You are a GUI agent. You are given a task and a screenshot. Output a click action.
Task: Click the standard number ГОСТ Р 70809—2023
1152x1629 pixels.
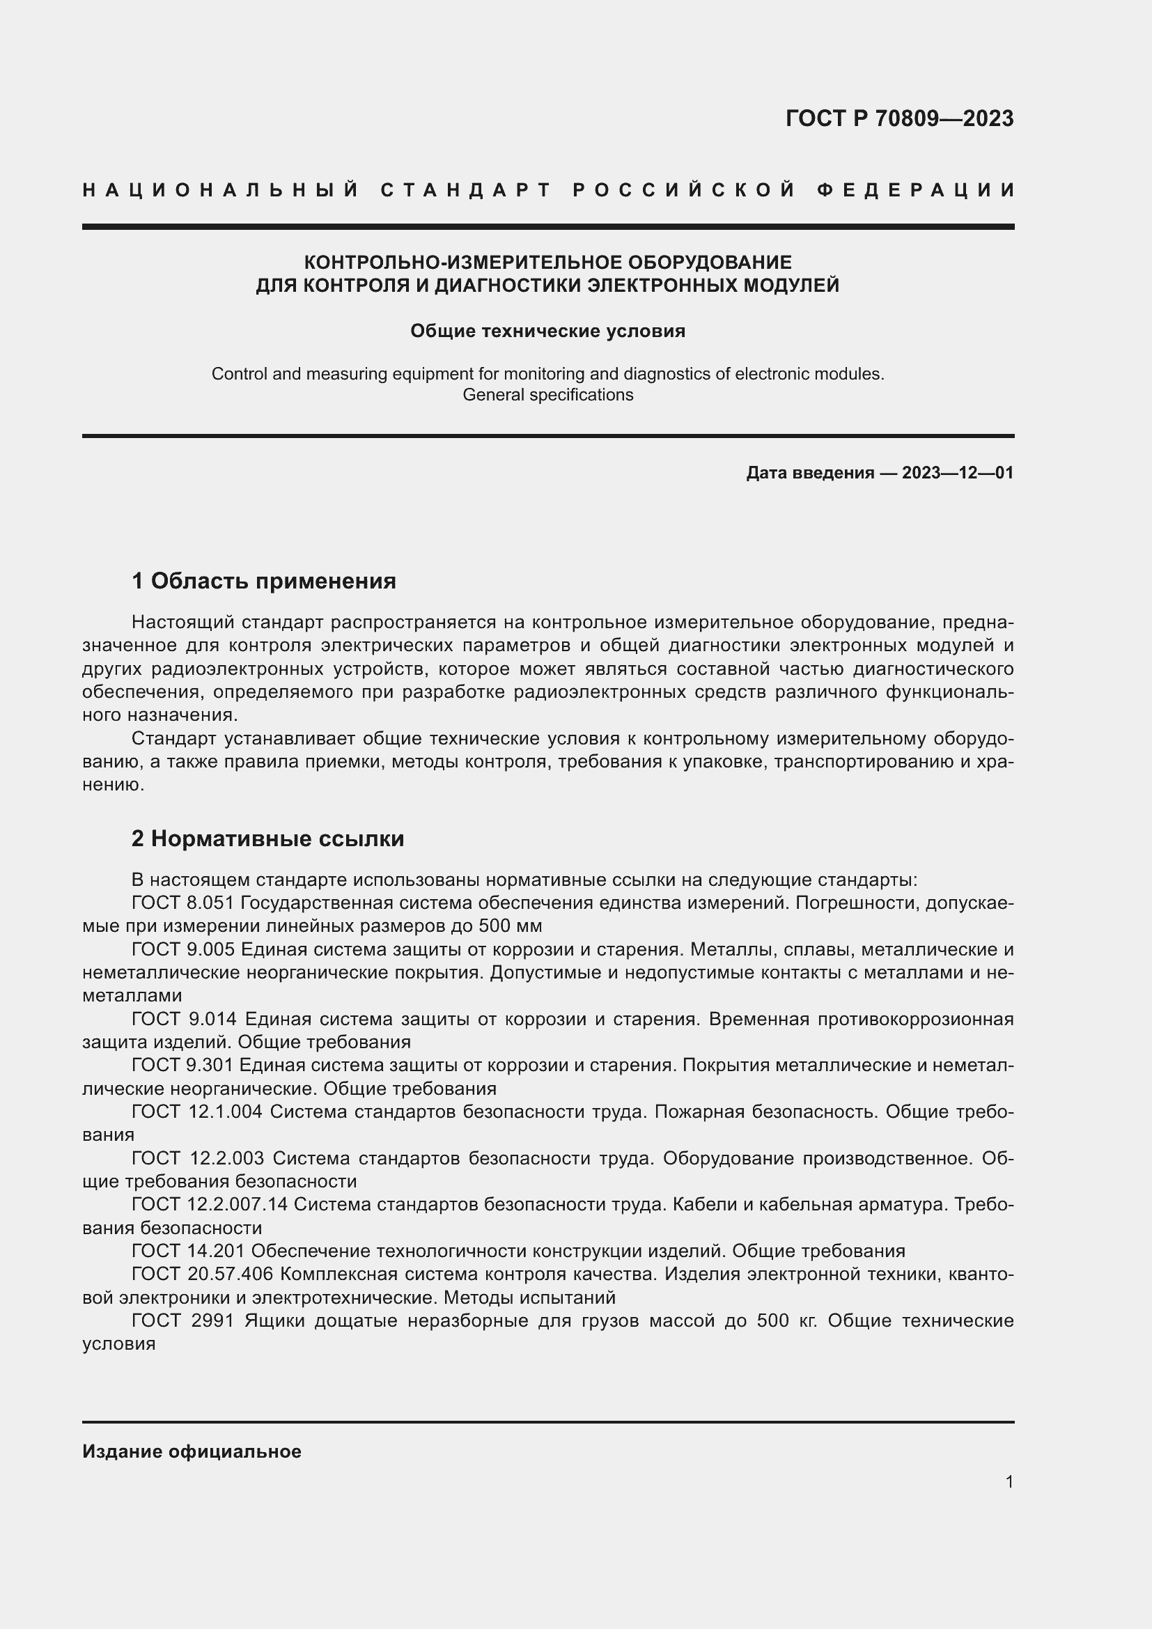tap(898, 118)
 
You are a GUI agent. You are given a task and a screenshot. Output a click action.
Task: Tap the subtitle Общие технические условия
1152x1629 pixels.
tap(547, 332)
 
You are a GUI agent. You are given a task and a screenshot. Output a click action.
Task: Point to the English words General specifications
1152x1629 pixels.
tap(547, 395)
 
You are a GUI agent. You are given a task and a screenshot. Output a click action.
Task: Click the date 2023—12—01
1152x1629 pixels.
tap(957, 473)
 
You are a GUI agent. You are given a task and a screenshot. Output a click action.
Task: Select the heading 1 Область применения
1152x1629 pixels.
tap(263, 581)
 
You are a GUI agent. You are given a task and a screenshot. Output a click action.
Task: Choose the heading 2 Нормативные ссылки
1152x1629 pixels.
tap(267, 839)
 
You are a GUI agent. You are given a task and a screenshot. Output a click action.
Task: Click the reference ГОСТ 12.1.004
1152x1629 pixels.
tap(197, 1112)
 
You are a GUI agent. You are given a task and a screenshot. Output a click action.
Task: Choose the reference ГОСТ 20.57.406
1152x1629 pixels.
tap(202, 1275)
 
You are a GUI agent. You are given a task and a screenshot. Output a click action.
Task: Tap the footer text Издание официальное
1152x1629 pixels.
tap(192, 1451)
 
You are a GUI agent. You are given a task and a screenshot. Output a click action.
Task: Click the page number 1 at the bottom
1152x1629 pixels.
tap(1009, 1482)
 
